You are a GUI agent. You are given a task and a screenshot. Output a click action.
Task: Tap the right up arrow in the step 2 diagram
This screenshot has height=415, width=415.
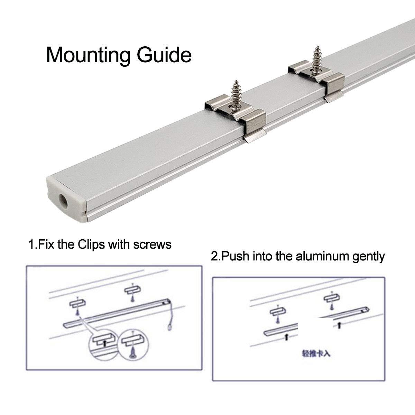click(x=339, y=325)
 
